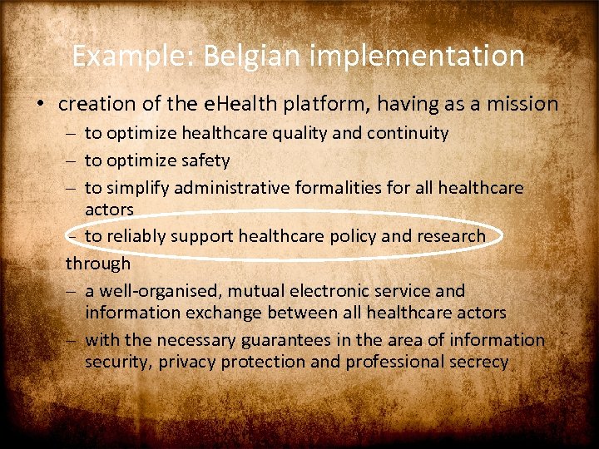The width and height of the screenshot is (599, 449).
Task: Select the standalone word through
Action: (98, 264)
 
